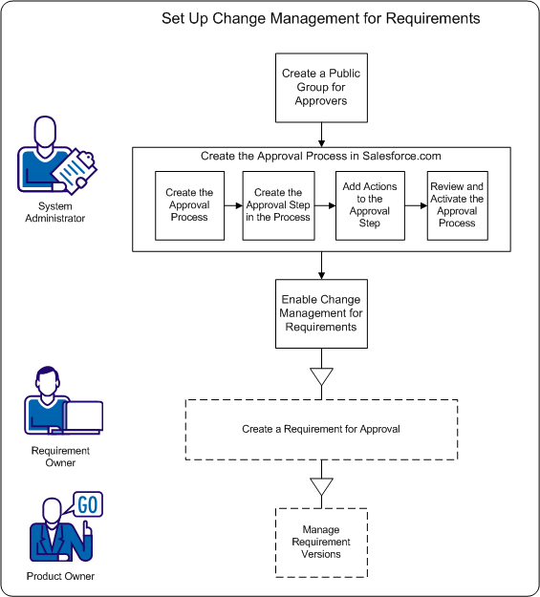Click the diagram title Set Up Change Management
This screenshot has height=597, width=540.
point(320,18)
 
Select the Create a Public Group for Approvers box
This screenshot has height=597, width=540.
point(321,87)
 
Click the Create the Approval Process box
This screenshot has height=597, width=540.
point(189,204)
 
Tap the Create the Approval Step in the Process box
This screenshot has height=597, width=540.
point(278,204)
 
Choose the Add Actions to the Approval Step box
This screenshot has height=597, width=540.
point(369,204)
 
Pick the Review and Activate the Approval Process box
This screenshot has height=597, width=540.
point(457,204)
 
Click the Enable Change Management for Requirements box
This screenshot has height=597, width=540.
point(321,313)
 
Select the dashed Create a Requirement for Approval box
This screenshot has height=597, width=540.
point(321,429)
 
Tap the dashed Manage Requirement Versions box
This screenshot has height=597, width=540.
point(321,542)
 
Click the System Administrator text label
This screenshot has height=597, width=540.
point(61,212)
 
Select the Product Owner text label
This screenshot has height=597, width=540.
point(61,576)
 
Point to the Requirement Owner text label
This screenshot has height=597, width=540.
point(61,457)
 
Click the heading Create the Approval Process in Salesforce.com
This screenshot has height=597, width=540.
point(321,156)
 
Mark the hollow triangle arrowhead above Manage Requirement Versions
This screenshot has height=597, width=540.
point(322,487)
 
